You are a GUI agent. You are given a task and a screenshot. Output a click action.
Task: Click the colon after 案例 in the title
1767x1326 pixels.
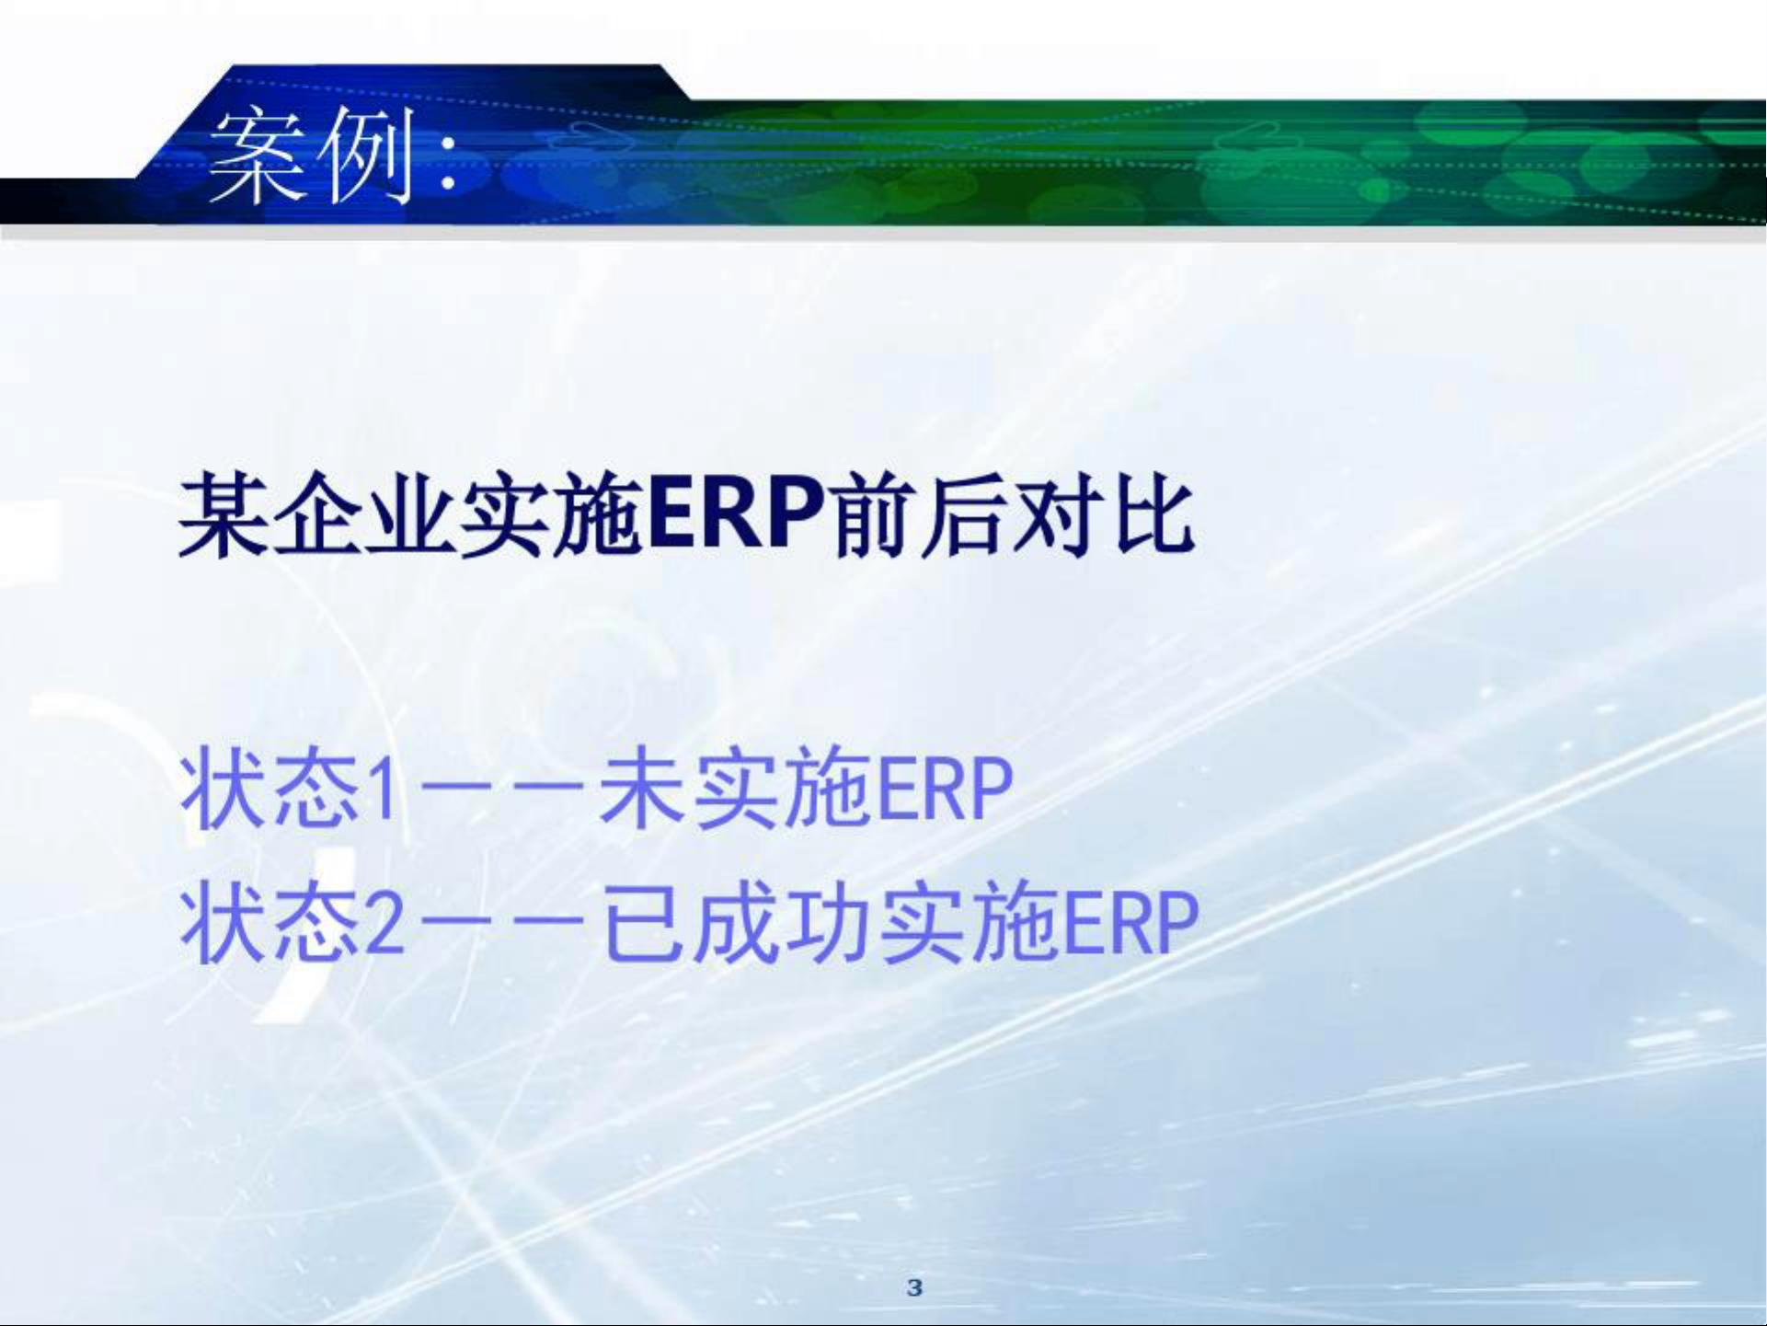coord(448,161)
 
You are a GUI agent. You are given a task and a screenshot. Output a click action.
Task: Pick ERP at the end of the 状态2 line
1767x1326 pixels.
coord(1131,923)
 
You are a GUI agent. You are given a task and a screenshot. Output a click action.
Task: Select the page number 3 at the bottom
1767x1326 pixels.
coord(914,1287)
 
